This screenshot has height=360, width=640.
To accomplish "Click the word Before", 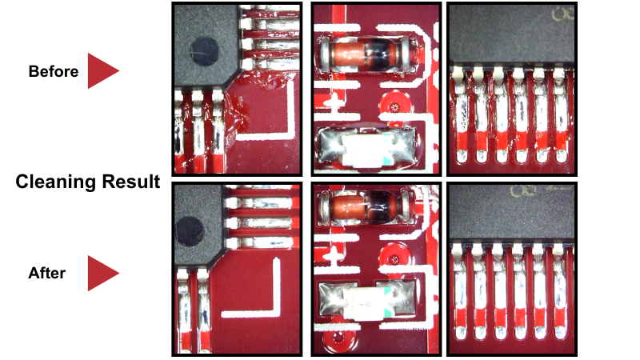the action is [54, 71].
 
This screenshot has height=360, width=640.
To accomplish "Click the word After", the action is [47, 273].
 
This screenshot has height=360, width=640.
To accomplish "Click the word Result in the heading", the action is [131, 182].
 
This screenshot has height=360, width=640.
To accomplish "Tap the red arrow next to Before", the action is [103, 70].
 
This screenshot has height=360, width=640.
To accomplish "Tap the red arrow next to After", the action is [103, 273].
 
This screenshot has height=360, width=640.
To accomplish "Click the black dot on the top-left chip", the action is [205, 51].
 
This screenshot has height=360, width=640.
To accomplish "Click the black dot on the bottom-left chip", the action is [190, 231].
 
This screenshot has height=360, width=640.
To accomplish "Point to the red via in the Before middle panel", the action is [394, 107].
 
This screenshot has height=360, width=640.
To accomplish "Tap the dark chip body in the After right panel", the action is [511, 213].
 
